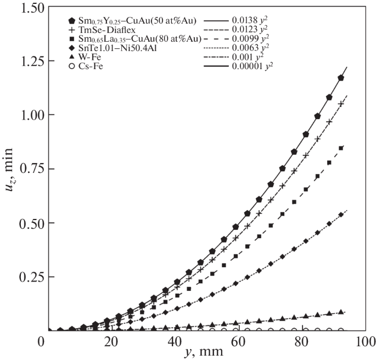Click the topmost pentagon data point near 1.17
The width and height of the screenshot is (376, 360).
[341, 78]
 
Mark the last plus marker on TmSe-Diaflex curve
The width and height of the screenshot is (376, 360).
[341, 103]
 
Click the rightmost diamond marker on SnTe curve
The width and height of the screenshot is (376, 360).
[341, 215]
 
